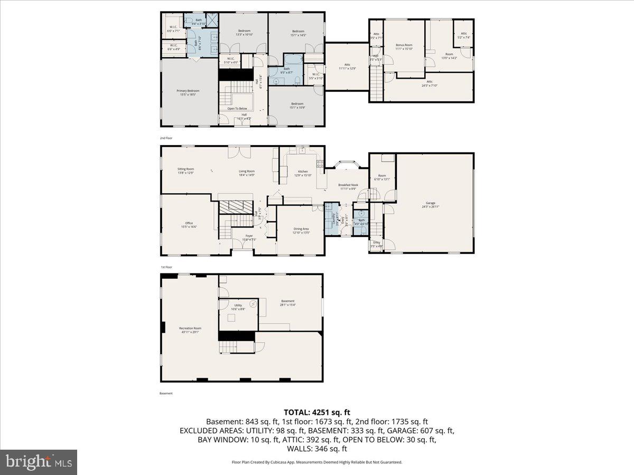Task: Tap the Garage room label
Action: (431, 204)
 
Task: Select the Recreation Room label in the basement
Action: (190, 330)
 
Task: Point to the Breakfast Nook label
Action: (348, 186)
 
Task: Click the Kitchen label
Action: (303, 173)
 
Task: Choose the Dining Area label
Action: (301, 230)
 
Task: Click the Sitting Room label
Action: (185, 170)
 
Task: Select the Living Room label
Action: (247, 173)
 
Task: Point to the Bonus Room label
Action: (404, 46)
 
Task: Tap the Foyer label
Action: (249, 237)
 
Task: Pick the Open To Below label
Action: (237, 108)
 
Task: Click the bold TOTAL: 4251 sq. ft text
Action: (317, 412)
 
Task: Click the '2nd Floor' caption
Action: (166, 138)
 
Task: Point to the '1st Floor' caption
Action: (166, 268)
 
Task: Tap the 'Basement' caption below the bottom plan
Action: (166, 393)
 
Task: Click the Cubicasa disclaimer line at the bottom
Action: (317, 462)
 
